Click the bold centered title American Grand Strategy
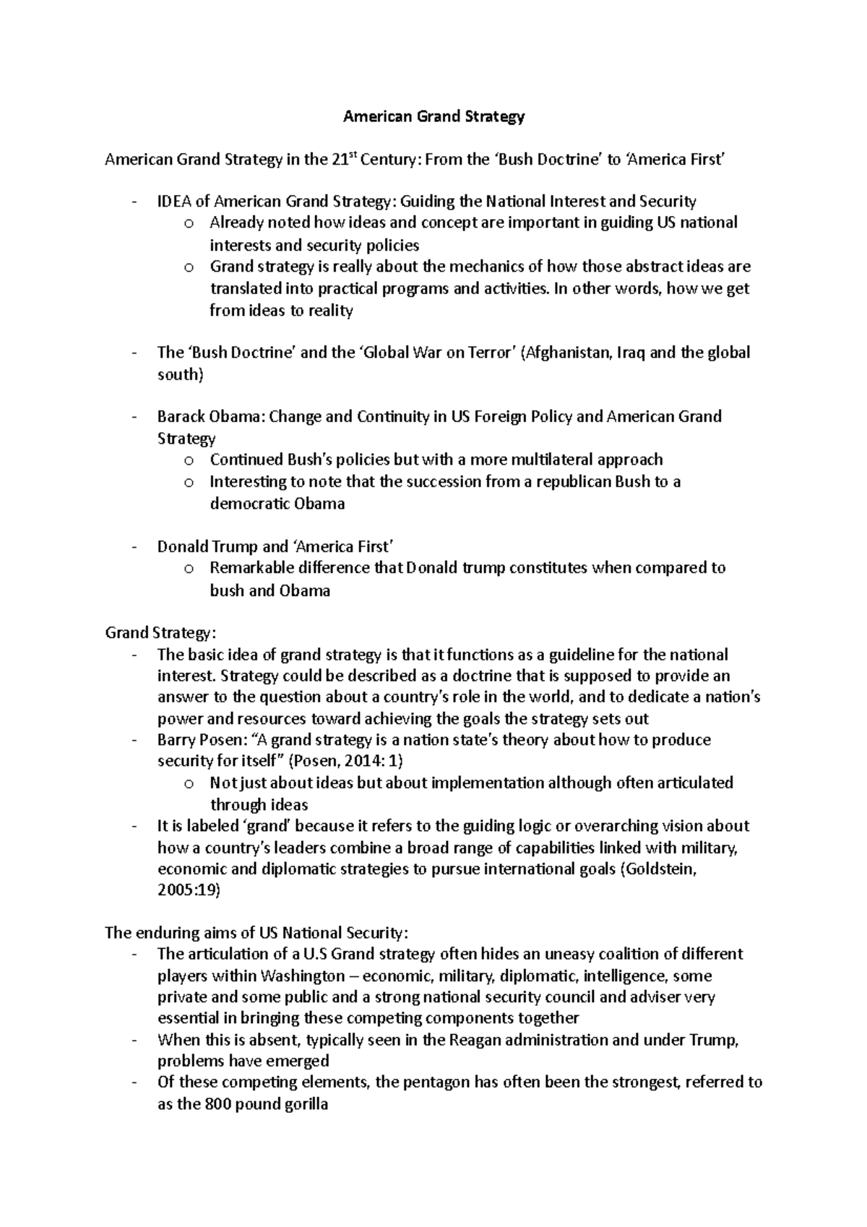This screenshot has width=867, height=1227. [433, 116]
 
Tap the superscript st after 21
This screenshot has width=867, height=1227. [352, 155]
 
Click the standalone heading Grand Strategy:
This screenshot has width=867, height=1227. [160, 633]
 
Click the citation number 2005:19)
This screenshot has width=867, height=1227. [189, 890]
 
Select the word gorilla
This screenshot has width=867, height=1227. [303, 1104]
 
